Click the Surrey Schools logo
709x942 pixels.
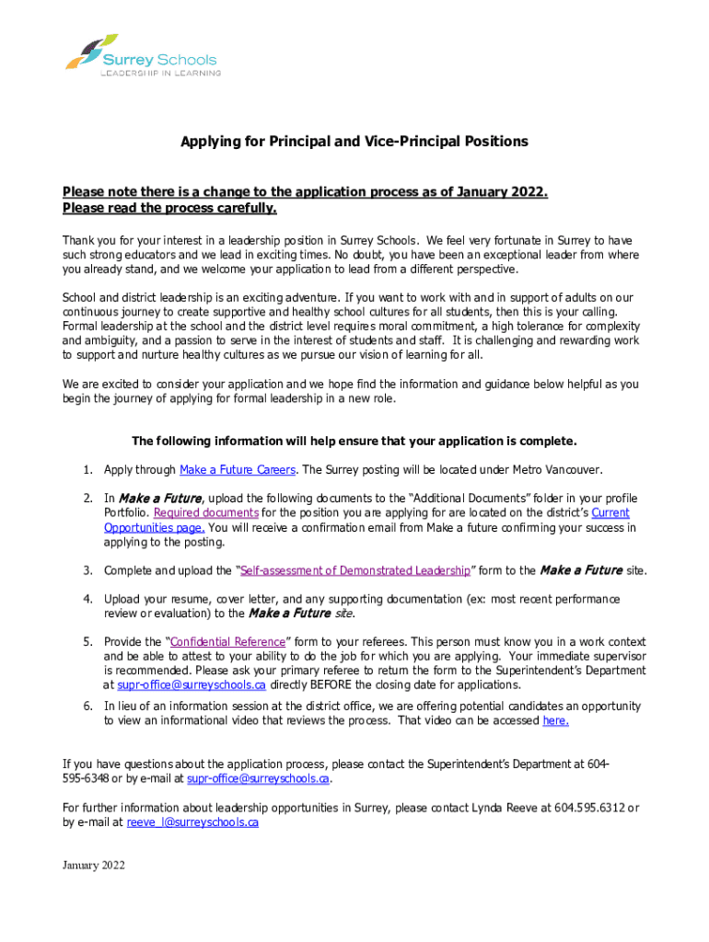(x=142, y=56)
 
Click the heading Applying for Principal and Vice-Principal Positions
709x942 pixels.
(x=354, y=142)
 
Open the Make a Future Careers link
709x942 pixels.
(x=238, y=470)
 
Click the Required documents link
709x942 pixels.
(x=206, y=512)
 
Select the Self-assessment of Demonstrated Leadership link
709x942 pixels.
(x=355, y=571)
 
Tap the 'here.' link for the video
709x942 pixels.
(x=555, y=721)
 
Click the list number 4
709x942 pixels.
(x=87, y=599)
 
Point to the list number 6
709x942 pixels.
(x=87, y=706)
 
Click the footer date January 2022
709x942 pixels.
(x=93, y=866)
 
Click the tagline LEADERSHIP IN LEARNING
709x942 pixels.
(x=160, y=73)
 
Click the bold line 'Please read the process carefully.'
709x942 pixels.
(x=169, y=208)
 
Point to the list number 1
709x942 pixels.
(x=87, y=470)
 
